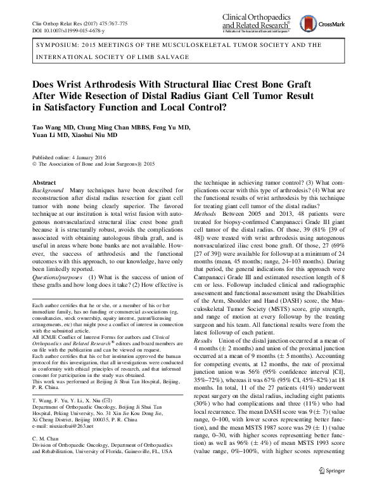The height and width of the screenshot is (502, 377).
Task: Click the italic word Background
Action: pyautogui.click(x=48, y=190)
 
